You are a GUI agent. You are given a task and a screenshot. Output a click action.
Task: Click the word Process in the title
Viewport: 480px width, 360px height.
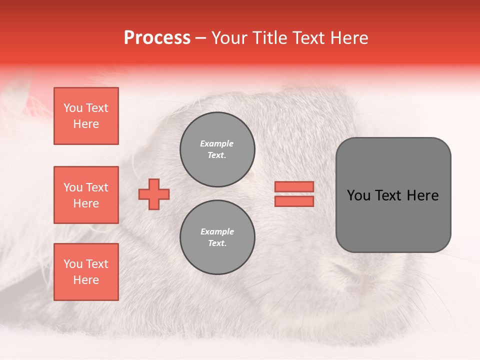(x=157, y=38)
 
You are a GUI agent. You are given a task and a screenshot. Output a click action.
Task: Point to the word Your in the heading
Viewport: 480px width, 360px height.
(x=231, y=38)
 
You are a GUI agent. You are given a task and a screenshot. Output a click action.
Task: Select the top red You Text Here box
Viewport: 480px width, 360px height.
(x=86, y=116)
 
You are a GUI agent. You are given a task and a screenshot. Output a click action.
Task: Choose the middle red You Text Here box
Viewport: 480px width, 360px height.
(x=86, y=195)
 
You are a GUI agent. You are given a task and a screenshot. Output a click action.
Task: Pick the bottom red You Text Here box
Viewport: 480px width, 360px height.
(x=86, y=272)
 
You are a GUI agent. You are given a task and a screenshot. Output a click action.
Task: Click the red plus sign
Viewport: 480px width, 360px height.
(x=154, y=194)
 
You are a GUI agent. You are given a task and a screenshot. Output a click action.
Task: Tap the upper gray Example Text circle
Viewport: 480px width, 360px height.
(x=217, y=149)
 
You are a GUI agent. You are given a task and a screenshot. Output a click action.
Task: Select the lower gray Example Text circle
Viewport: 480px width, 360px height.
(x=217, y=237)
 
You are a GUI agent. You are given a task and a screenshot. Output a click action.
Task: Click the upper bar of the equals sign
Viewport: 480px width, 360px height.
(x=294, y=186)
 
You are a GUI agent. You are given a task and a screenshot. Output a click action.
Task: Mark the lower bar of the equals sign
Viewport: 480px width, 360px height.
(x=294, y=201)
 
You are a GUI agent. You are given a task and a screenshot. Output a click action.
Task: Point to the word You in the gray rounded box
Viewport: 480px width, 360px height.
(x=358, y=195)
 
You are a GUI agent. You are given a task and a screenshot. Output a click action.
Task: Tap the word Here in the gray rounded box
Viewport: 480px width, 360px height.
(x=422, y=195)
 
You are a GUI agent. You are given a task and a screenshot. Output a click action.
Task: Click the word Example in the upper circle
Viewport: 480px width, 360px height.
(x=217, y=143)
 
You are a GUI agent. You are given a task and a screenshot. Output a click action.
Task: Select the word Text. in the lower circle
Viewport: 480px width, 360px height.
(x=217, y=243)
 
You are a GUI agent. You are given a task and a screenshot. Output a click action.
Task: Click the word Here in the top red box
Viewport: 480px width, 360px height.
(x=86, y=124)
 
